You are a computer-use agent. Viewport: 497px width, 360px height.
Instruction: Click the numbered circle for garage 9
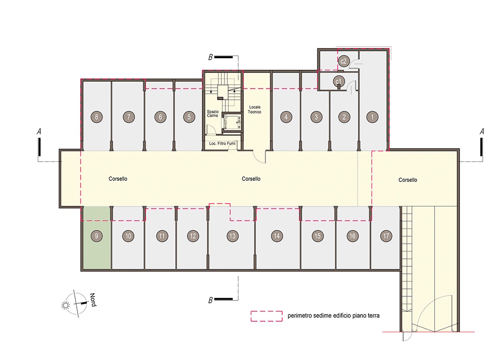pyautogui.click(x=97, y=236)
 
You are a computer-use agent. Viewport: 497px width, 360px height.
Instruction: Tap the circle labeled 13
pyautogui.click(x=232, y=236)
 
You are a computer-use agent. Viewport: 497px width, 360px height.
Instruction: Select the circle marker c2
pyautogui.click(x=344, y=61)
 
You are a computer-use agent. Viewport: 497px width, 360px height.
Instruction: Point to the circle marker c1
pyautogui.click(x=339, y=81)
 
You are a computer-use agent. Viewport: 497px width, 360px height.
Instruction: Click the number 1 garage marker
pyautogui.click(x=372, y=117)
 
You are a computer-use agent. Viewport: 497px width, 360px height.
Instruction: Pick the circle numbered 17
pyautogui.click(x=386, y=236)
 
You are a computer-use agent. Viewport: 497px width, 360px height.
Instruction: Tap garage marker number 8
pyautogui.click(x=97, y=117)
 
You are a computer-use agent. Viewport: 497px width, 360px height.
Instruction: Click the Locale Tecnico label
pyautogui.click(x=255, y=109)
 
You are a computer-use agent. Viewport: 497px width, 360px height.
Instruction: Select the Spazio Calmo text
pyautogui.click(x=212, y=114)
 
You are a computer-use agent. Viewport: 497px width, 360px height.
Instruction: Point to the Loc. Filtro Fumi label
pyautogui.click(x=222, y=144)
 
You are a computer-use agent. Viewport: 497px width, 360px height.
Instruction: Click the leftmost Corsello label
pyautogui.click(x=118, y=179)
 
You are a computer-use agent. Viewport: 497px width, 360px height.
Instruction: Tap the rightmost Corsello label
pyautogui.click(x=407, y=180)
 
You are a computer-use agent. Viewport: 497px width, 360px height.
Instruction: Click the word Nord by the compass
pyautogui.click(x=93, y=300)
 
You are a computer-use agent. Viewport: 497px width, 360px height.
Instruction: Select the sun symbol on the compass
pyautogui.click(x=66, y=305)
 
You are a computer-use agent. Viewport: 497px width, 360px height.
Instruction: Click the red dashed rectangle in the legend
pyautogui.click(x=267, y=316)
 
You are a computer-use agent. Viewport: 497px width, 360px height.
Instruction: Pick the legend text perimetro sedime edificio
pyautogui.click(x=323, y=315)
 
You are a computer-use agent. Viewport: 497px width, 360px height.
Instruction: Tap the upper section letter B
pyautogui.click(x=210, y=57)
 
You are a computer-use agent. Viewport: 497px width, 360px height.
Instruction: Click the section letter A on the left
pyautogui.click(x=39, y=131)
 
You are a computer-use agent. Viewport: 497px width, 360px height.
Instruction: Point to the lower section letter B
pyautogui.click(x=210, y=300)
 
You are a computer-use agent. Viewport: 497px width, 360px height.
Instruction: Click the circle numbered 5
pyautogui.click(x=189, y=117)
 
